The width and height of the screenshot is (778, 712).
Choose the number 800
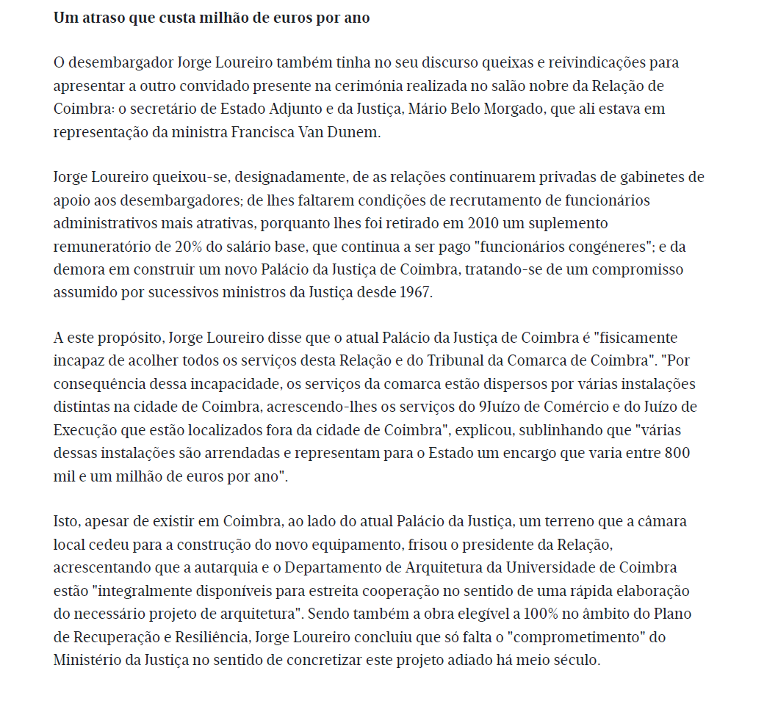pos(676,454)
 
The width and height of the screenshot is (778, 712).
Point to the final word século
pos(577,660)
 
